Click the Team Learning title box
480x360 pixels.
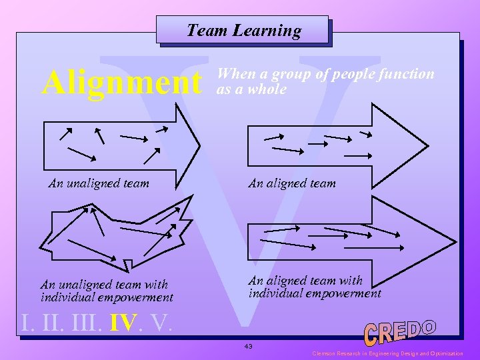[x=243, y=31]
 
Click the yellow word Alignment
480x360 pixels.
[x=121, y=84]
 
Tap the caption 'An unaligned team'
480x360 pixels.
[x=99, y=183]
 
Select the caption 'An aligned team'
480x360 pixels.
[x=292, y=183]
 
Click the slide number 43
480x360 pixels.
[x=249, y=346]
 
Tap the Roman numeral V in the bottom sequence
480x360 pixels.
[x=160, y=323]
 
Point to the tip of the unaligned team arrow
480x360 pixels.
[x=199, y=145]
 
